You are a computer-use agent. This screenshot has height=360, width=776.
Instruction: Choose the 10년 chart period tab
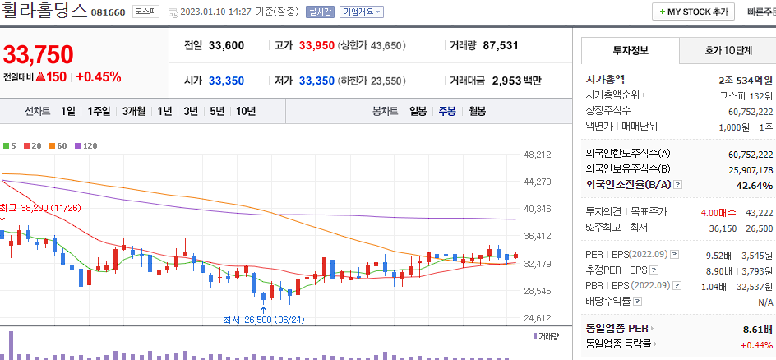[x=245, y=111]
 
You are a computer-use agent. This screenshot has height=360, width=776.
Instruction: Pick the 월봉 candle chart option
[x=477, y=111]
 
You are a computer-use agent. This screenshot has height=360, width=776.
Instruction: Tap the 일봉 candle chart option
[x=418, y=111]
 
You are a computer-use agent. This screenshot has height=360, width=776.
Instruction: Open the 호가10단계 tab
[x=727, y=50]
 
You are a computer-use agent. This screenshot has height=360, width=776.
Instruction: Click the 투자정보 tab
[x=630, y=50]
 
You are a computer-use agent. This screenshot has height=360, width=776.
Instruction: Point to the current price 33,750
[x=39, y=54]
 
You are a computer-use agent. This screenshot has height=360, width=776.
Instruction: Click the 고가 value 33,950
[x=316, y=45]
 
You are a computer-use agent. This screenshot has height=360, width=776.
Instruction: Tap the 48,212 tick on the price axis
[x=537, y=155]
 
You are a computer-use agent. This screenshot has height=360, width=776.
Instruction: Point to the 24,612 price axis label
[x=537, y=318]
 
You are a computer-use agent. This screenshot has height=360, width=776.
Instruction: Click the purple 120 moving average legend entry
[x=86, y=145]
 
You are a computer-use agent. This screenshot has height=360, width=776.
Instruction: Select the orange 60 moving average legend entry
[x=58, y=145]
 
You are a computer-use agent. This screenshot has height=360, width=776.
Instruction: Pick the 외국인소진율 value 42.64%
[x=755, y=185]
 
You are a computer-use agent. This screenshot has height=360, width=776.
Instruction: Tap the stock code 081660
[x=109, y=12]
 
